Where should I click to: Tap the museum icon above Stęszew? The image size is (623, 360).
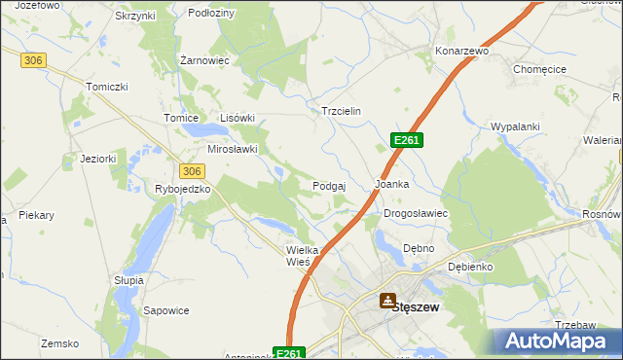click(387, 301)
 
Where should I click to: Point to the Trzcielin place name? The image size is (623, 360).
click(342, 111)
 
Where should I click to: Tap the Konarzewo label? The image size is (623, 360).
click(461, 51)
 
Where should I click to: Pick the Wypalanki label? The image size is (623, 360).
click(515, 127)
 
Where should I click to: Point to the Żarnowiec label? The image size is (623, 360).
click(204, 60)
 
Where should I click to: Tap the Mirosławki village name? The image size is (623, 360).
click(233, 149)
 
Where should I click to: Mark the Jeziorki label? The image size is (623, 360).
click(98, 159)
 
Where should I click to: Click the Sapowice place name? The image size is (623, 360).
click(165, 310)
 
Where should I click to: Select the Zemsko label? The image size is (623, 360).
click(58, 343)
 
